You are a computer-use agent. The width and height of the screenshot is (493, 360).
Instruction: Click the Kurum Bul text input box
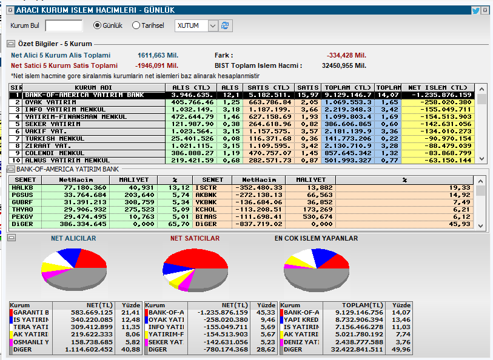click(x=64, y=25)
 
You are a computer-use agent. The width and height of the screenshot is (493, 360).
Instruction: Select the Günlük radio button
click(x=97, y=25)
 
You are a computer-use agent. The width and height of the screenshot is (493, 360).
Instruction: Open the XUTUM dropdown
click(x=212, y=25)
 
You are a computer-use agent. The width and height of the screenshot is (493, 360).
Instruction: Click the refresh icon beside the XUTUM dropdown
click(x=226, y=25)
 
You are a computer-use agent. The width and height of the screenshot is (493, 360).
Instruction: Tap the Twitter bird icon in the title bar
click(x=476, y=10)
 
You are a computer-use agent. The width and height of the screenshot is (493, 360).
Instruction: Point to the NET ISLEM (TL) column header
click(x=438, y=87)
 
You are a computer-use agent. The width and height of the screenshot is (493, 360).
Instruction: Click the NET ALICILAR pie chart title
click(x=73, y=239)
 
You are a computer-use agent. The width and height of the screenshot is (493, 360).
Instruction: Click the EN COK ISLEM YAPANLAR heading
click(x=316, y=239)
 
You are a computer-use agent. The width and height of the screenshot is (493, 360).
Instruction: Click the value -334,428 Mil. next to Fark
click(x=346, y=55)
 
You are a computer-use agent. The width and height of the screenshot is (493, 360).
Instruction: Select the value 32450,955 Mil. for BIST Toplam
click(x=344, y=65)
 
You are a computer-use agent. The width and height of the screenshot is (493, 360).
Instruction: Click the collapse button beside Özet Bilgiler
click(x=11, y=44)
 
